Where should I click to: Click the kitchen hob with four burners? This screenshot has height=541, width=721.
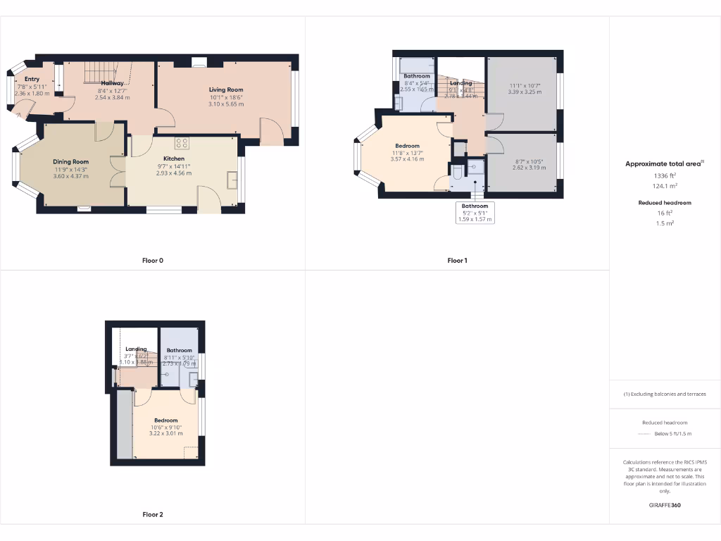coord(182,143)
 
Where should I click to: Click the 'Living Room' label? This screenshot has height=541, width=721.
coord(226,89)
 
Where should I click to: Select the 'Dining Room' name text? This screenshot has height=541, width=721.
coord(71,161)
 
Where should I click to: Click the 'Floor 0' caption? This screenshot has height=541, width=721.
coord(153,261)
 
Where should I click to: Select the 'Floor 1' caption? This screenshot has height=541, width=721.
coord(457,261)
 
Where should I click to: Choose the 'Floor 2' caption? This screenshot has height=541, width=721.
coord(153,515)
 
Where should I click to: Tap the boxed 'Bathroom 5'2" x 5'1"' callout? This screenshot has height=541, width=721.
coord(475,213)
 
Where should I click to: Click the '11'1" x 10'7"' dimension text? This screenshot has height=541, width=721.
coord(521,85)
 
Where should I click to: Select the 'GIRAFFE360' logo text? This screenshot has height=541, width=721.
coord(664,505)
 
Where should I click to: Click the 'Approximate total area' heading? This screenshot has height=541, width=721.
coord(663,163)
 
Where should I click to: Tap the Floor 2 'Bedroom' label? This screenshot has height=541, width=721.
coord(166,421)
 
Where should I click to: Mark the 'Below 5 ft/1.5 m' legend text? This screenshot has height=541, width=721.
coord(673,434)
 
